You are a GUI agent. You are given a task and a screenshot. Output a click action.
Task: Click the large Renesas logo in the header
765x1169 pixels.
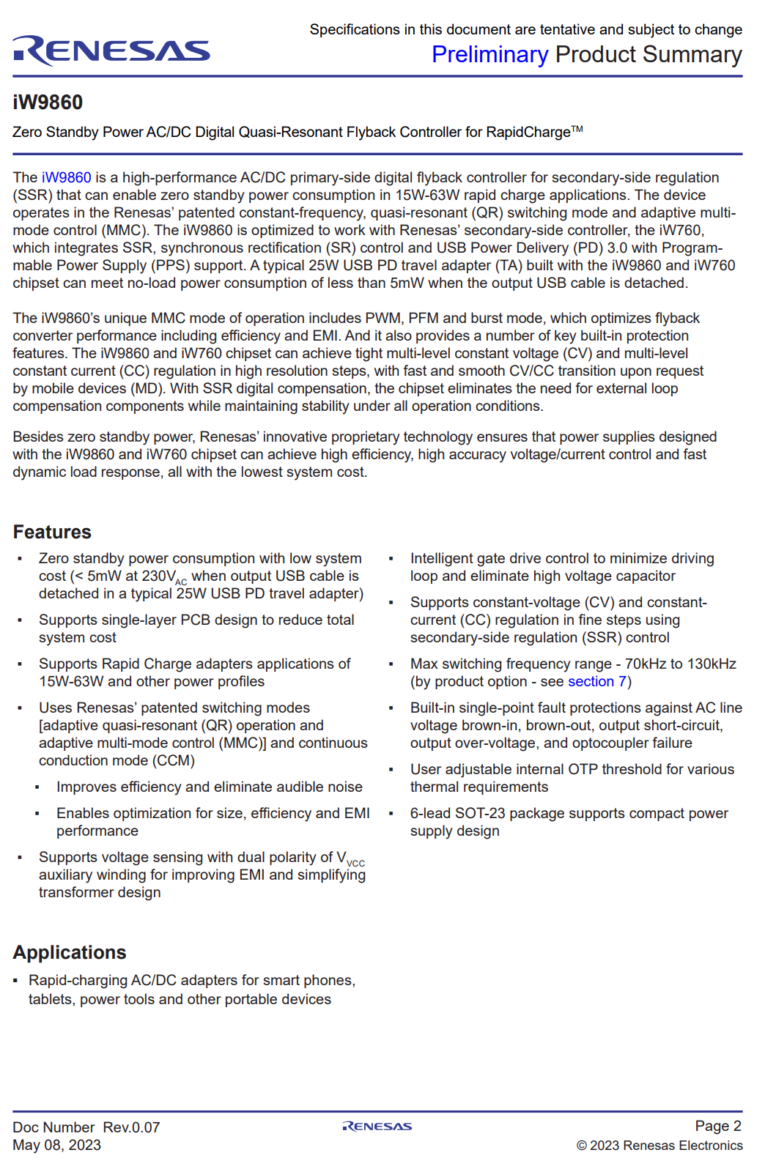(x=111, y=51)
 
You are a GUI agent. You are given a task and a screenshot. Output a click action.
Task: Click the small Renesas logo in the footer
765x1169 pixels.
(x=377, y=1127)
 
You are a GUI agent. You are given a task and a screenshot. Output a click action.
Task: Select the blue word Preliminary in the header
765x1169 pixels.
(x=489, y=55)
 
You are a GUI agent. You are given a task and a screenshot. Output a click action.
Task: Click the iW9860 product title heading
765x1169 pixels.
(x=48, y=103)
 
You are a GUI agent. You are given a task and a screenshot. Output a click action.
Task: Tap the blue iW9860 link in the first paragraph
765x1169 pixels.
(x=67, y=177)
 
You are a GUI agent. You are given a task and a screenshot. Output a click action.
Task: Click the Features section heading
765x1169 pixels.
(x=52, y=532)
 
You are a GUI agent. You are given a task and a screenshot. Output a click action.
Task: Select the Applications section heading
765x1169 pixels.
(x=70, y=952)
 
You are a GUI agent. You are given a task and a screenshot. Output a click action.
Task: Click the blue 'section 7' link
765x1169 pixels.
(x=597, y=681)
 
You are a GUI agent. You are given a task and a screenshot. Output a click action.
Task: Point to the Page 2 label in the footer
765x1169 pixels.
(x=718, y=1126)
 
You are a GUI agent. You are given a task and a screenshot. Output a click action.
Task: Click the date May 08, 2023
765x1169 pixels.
(x=56, y=1145)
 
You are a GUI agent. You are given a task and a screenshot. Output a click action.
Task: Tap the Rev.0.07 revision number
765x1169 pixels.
(x=131, y=1127)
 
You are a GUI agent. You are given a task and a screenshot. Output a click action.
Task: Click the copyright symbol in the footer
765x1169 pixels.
(x=582, y=1146)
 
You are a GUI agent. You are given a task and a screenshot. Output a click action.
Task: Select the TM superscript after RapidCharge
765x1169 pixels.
(x=577, y=130)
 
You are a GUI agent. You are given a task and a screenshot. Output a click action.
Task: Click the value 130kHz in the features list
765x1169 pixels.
(x=712, y=664)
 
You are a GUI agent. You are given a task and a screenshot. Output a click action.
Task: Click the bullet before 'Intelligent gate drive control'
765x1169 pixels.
(x=391, y=559)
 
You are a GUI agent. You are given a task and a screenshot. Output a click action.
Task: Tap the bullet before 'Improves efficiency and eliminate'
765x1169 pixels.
(x=37, y=787)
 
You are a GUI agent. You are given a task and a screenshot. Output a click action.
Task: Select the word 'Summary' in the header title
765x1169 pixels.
(x=692, y=55)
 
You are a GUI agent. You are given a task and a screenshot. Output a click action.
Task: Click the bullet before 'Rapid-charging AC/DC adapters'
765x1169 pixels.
(x=16, y=981)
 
